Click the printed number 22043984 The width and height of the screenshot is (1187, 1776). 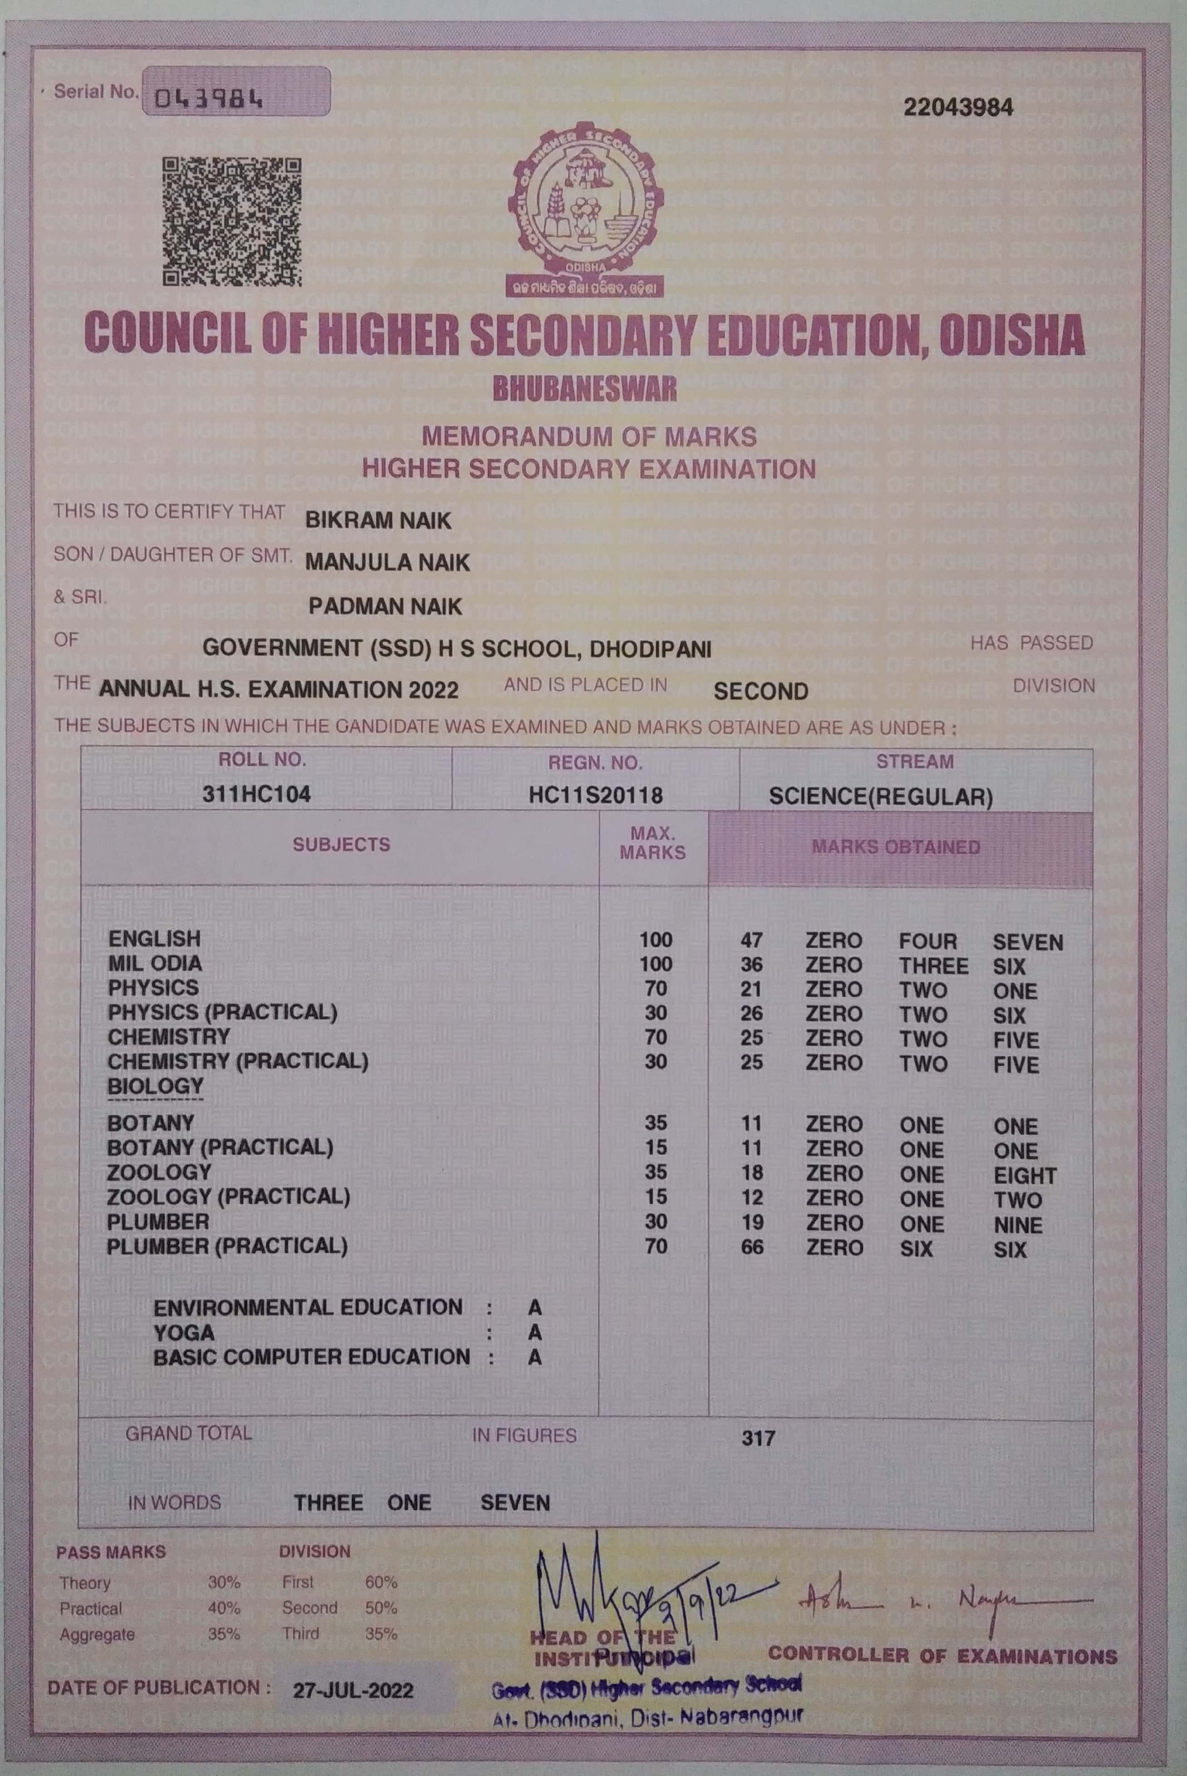[x=957, y=107]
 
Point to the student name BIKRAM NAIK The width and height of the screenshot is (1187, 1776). [x=378, y=521]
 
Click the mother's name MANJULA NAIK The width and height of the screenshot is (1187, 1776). [x=387, y=562]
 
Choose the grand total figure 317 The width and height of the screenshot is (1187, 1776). [x=758, y=1438]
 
